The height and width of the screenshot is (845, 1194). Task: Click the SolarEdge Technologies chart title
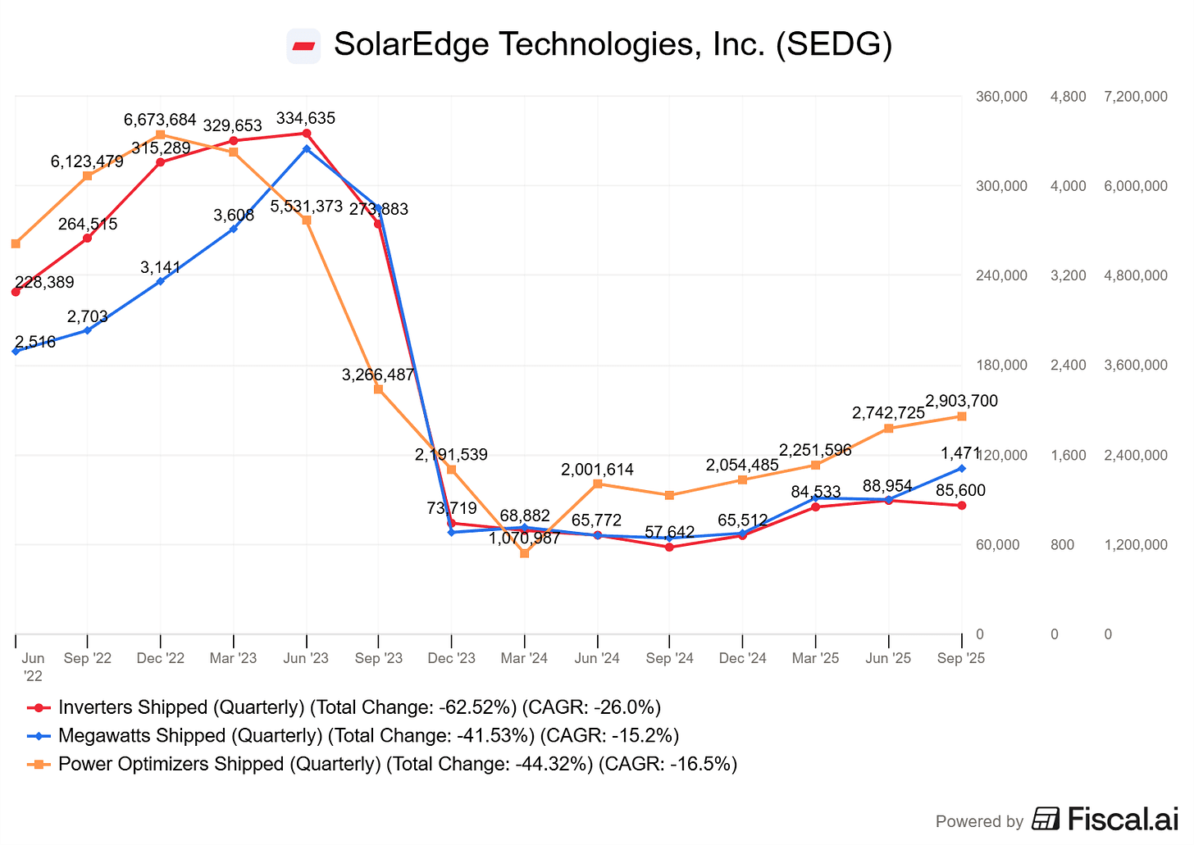[612, 44]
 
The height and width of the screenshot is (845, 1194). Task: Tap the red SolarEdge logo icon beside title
[303, 45]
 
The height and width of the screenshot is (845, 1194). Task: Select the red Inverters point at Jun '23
[306, 133]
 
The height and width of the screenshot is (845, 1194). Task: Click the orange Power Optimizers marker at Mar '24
[525, 553]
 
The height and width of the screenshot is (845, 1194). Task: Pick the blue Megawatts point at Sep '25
[962, 468]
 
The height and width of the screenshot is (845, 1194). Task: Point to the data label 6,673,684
[160, 120]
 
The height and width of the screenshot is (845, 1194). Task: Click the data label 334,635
[306, 119]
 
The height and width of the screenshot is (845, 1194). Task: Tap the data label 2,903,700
[961, 401]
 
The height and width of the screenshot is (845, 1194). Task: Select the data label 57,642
[669, 533]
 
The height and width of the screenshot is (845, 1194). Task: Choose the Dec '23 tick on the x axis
[451, 658]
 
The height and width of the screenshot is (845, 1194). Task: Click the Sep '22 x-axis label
[88, 658]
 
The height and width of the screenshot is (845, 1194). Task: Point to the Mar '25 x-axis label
[815, 658]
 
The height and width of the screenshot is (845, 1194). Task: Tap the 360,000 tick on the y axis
[1001, 97]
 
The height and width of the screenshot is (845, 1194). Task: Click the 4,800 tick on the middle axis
[1068, 97]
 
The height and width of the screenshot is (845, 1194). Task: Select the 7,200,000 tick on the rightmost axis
[1136, 97]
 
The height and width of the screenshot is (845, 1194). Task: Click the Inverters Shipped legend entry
[344, 707]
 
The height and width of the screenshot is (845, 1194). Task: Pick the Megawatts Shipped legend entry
[353, 736]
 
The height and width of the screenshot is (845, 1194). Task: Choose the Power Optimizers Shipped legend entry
[382, 764]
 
